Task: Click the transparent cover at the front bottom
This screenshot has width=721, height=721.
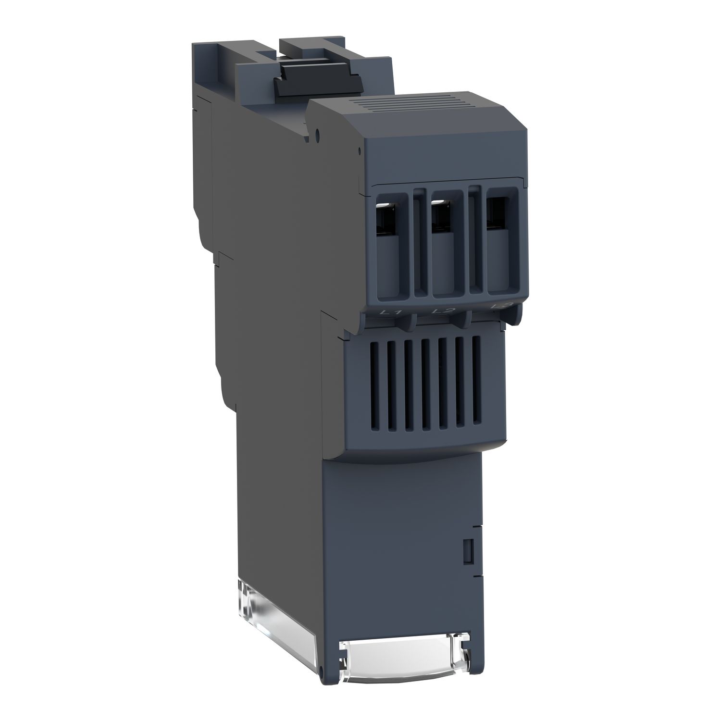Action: point(404,656)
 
